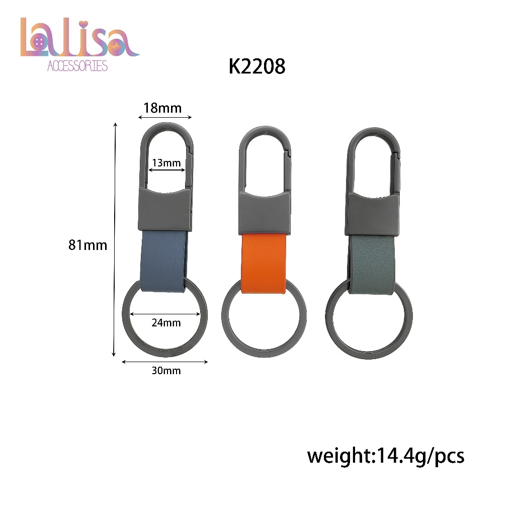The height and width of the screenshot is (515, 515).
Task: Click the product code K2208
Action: coord(257,66)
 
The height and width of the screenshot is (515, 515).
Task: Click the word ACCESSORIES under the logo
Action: coord(77,66)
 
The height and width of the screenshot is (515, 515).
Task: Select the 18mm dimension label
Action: coord(162,108)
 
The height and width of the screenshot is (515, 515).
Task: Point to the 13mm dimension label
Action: coord(166,163)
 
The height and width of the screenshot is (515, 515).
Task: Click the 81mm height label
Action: coord(88,245)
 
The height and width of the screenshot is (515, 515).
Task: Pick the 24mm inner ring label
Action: coord(166,322)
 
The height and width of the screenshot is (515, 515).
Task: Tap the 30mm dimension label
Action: coord(166,371)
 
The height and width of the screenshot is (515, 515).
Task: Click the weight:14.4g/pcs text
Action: coord(386,456)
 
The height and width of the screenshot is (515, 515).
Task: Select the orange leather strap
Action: coord(264,263)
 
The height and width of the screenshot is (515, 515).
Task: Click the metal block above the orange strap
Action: coord(264,214)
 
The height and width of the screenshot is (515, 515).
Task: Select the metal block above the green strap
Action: coord(372,214)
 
